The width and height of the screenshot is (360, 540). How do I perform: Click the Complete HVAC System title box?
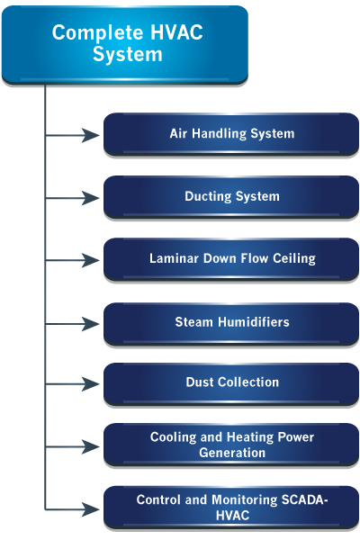coord(125,45)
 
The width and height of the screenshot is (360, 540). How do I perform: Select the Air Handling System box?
coord(231,134)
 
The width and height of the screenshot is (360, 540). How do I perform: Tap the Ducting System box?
coord(231,197)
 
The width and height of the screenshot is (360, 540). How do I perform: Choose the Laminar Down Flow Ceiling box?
coord(231,259)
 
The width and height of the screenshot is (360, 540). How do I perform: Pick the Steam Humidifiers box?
coord(231,323)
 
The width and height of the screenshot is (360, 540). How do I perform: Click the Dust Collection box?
coord(231,383)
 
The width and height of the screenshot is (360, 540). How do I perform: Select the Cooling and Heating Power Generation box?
coord(231,445)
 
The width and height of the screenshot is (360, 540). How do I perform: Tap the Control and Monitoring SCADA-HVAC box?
coord(231,508)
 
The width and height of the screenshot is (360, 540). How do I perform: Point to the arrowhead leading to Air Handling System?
coord(91,135)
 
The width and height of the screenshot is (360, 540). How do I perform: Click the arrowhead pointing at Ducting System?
coord(91,198)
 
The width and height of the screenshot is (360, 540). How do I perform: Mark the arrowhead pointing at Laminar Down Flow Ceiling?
coord(91,260)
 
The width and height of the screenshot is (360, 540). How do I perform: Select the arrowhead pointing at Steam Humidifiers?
coord(91,324)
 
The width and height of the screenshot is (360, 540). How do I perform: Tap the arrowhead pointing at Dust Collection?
coord(91,384)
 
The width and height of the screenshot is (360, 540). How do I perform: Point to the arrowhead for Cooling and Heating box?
coord(91,446)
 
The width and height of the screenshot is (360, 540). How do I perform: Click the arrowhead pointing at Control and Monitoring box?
coord(91,509)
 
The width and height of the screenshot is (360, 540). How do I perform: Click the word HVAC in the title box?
coord(176,32)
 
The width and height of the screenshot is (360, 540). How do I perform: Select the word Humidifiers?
coord(254,322)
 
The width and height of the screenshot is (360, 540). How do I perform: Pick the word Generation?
coord(232,453)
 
